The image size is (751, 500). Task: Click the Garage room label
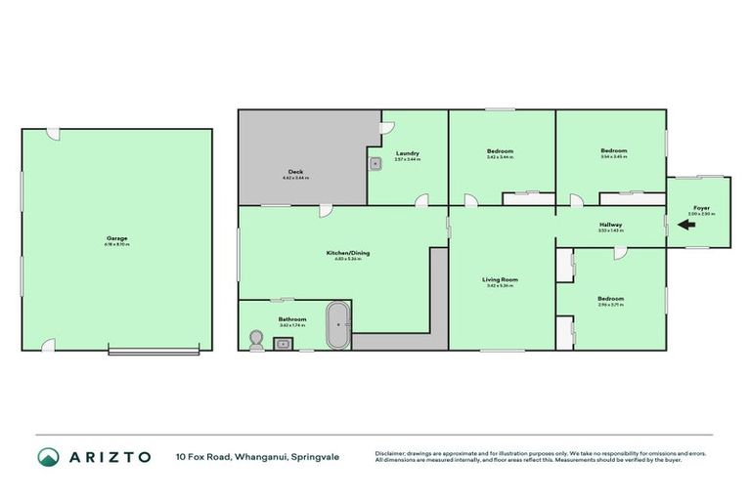(117, 238)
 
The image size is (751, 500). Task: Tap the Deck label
(294, 172)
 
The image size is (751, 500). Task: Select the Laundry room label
(408, 153)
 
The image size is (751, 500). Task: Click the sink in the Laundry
(375, 163)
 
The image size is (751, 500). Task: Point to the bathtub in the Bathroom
(338, 325)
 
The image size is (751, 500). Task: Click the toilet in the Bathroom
(257, 339)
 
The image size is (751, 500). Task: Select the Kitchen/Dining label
(348, 253)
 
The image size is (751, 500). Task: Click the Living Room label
(500, 279)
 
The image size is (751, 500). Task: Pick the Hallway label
(610, 226)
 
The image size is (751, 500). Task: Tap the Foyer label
(701, 208)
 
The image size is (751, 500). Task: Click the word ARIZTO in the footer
(110, 456)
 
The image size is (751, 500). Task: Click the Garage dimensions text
(117, 244)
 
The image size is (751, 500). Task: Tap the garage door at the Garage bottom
(155, 351)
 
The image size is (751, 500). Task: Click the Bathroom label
(292, 319)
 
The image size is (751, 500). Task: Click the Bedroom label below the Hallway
(610, 298)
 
